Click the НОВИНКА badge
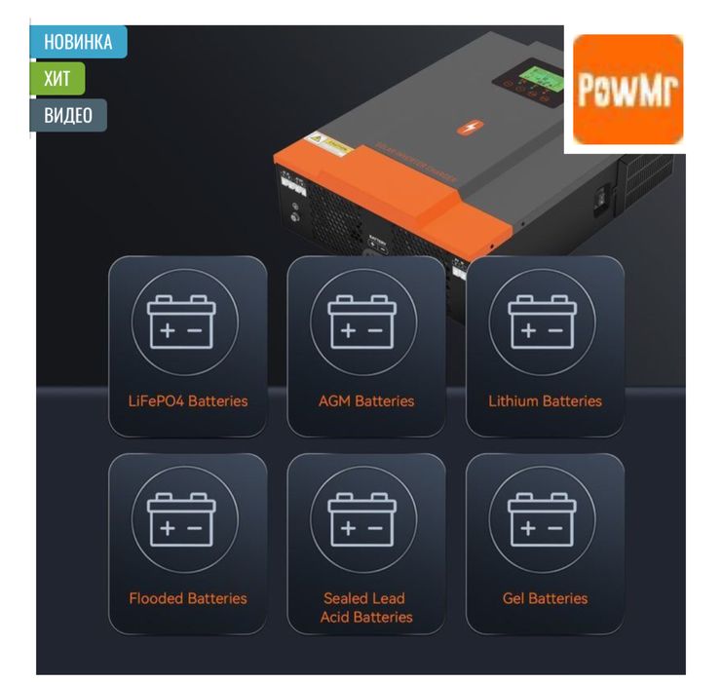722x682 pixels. (78, 42)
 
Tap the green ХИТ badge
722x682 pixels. (57, 79)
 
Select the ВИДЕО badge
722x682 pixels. (68, 115)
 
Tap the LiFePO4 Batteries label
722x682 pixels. (188, 400)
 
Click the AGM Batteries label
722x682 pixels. (366, 400)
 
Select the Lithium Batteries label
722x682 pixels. (545, 400)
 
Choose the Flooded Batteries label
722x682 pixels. (188, 598)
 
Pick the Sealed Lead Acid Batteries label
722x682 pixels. (366, 607)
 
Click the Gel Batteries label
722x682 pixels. (545, 598)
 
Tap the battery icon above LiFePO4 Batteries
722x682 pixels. (182, 323)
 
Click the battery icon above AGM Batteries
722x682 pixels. (362, 323)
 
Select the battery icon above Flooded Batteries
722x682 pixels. (182, 519)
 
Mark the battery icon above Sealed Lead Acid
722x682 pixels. (362, 519)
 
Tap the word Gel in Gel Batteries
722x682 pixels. (513, 598)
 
